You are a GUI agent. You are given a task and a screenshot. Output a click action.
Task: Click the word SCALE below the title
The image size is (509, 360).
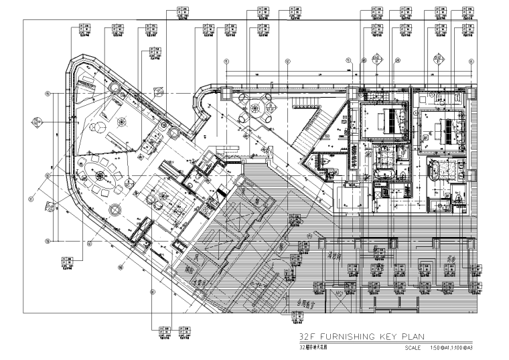click(x=414, y=348)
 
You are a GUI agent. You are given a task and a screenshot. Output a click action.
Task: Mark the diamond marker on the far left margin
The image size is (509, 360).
click(x=38, y=122)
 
